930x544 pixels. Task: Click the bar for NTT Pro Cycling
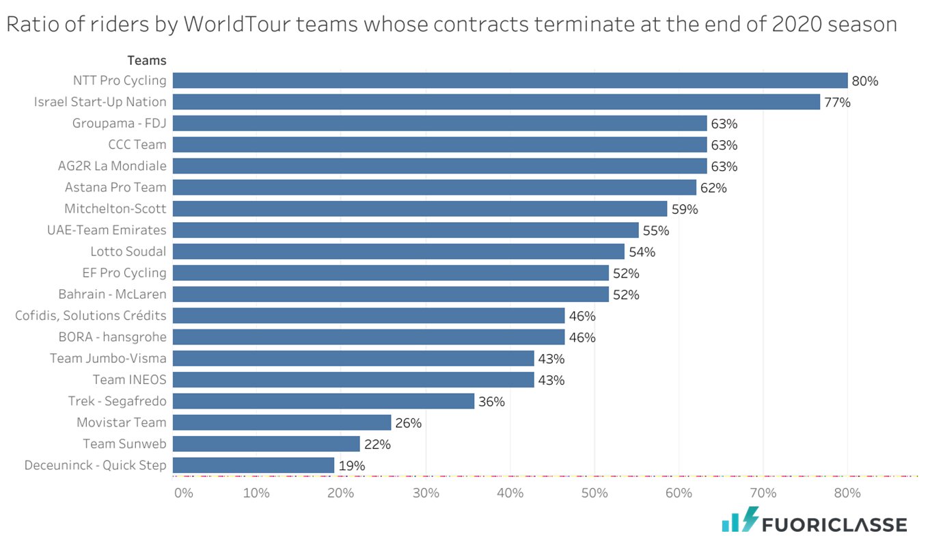[x=510, y=81]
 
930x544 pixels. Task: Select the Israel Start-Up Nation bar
[x=496, y=102]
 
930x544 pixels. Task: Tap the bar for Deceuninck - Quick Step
[x=254, y=465]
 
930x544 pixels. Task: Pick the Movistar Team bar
[x=282, y=422]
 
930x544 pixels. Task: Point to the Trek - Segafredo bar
[x=323, y=401]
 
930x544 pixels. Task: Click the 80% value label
[x=864, y=81]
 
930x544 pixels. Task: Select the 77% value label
[x=837, y=103]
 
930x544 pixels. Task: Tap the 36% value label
[x=491, y=402]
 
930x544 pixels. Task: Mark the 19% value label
[x=352, y=466]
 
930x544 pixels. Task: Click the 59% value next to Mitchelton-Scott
[x=685, y=209]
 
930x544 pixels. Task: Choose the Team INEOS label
[x=129, y=379]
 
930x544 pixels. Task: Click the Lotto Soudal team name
[x=128, y=251]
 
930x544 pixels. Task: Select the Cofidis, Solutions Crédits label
[x=91, y=316]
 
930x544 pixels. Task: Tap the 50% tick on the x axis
[x=594, y=493]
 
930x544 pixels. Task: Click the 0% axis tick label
[x=183, y=493]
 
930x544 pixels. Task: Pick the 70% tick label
[x=763, y=493]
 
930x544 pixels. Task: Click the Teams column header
[x=146, y=61]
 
